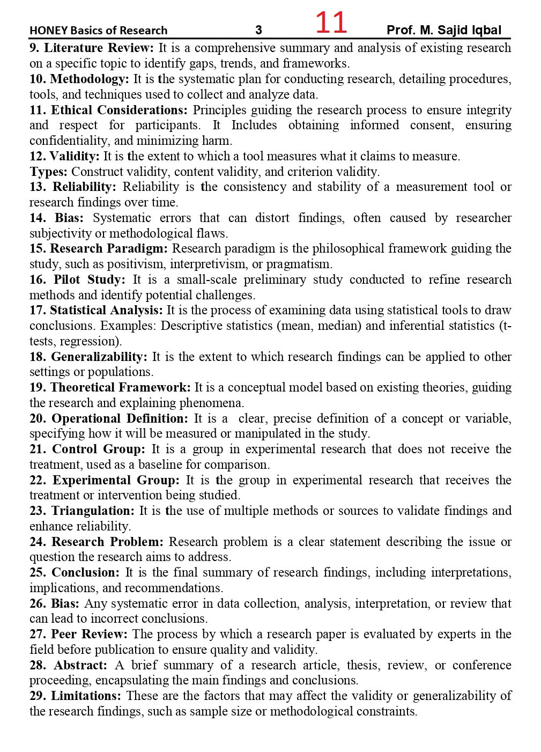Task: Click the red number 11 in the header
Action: [331, 23]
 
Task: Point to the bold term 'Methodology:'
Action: [90, 79]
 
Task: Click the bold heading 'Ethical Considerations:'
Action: [120, 110]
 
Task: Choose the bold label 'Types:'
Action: [48, 172]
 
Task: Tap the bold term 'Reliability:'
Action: [84, 187]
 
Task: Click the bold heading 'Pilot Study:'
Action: [90, 280]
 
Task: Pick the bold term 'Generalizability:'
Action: [99, 357]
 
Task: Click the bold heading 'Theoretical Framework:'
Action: [121, 388]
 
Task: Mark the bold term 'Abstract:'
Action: [80, 666]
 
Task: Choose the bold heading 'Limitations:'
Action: [86, 696]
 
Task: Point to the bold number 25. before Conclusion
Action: [38, 573]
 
